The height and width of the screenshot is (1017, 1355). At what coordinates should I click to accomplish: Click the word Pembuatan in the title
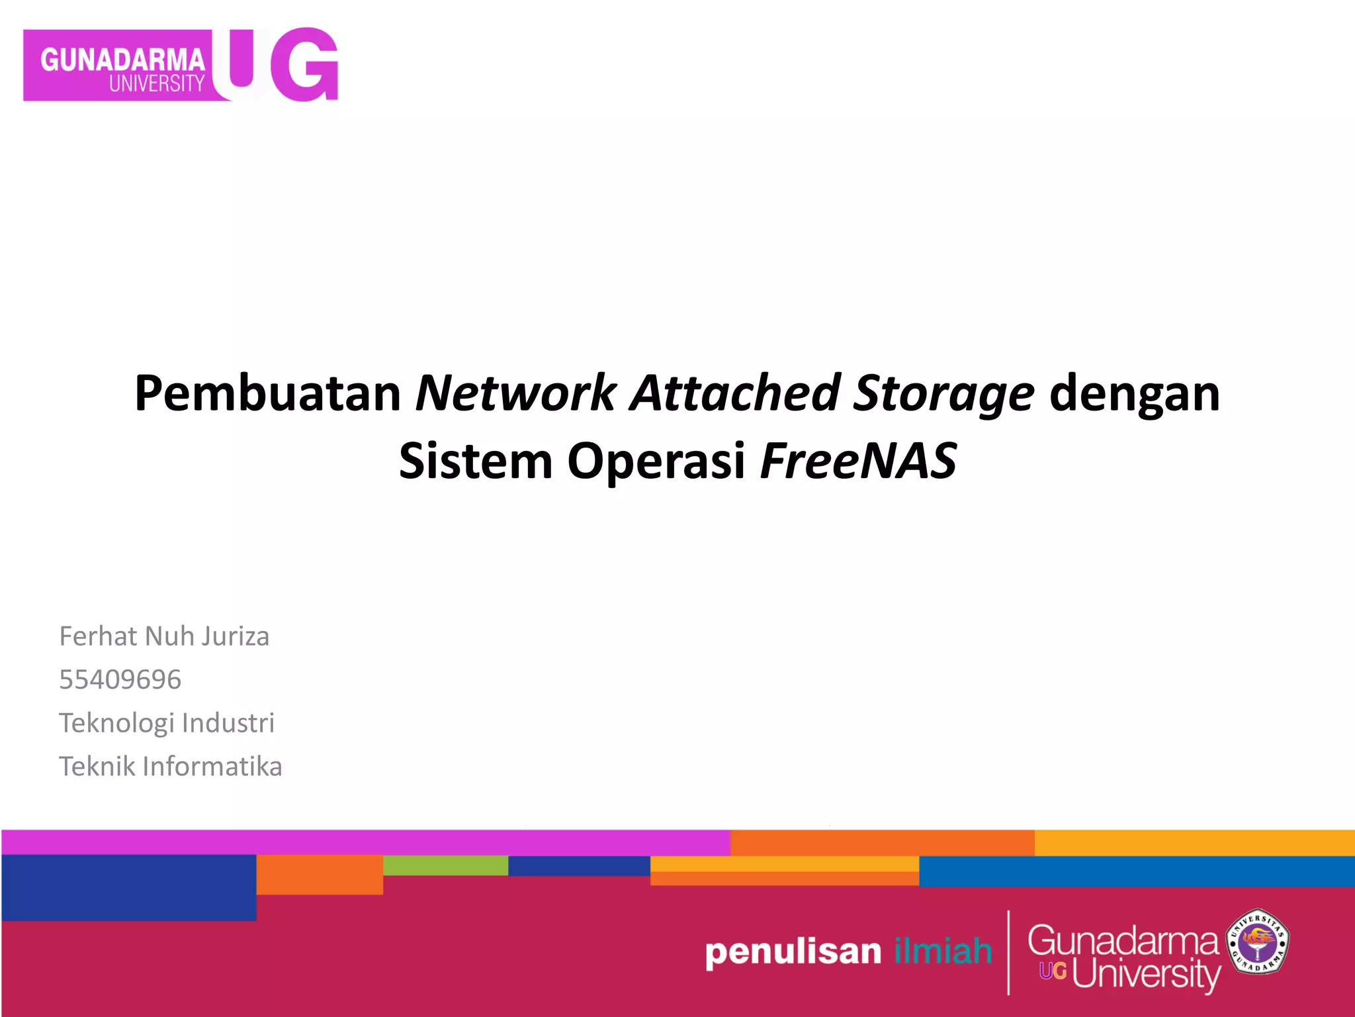coord(267,393)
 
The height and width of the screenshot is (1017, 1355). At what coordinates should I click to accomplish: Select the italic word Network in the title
coord(515,393)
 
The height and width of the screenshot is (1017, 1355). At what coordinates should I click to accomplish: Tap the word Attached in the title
coord(734,393)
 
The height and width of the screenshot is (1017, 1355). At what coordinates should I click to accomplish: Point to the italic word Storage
coord(943,395)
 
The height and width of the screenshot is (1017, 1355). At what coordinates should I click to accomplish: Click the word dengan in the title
coord(1134,395)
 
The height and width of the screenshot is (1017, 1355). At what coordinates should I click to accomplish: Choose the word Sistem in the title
coord(475,461)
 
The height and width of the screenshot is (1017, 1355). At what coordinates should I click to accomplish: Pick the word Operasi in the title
coord(656,462)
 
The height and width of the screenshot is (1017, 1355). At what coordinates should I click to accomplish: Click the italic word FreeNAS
coord(858,461)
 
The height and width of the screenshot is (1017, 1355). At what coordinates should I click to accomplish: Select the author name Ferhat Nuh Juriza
coord(164,636)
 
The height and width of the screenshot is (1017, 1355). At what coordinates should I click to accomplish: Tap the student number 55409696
coord(120,679)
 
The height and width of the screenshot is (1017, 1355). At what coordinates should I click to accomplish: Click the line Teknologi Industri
coord(166,723)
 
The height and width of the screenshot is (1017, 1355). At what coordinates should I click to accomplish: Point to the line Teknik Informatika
coord(170,767)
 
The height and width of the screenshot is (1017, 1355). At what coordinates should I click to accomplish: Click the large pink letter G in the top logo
coord(305,65)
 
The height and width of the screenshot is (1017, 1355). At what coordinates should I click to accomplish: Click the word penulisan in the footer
coord(793,952)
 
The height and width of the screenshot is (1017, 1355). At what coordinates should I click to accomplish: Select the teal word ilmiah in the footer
coord(942,951)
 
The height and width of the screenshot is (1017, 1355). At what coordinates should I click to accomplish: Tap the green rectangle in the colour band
coord(445,865)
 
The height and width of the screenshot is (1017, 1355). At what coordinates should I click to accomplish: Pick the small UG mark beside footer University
coord(1053,971)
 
